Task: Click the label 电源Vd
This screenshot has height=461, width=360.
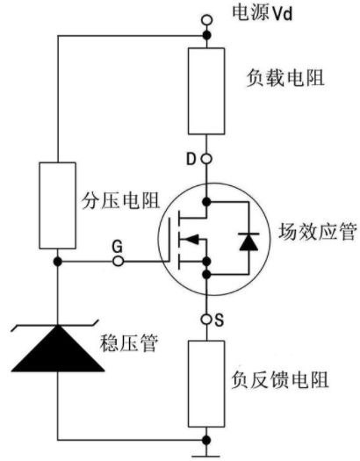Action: pos(263,13)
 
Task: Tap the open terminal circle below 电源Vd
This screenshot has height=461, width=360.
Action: pos(207,20)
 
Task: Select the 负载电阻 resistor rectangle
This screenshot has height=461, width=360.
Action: pos(206,91)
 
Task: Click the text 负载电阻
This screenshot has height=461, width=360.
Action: pos(285,78)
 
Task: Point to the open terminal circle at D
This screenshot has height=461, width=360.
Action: pos(206,159)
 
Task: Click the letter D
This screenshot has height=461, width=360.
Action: pos(191,159)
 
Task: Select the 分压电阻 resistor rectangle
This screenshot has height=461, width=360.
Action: pos(58,205)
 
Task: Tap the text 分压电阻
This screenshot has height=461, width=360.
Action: pos(120,200)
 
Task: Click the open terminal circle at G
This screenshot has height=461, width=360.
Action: pos(119,261)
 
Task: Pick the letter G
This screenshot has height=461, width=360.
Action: pos(118,248)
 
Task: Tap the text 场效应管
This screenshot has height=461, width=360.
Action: pos(317,232)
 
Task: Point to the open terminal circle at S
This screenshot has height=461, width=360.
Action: pos(206,319)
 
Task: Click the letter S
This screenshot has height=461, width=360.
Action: pos(220,320)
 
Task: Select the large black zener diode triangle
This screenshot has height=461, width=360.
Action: pos(58,349)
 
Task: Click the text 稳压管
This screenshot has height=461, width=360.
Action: pos(129,343)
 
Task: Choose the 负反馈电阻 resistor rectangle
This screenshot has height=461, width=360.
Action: pos(206,384)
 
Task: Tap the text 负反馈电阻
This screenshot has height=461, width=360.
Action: pos(279,380)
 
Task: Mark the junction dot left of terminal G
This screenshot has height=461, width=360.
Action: pos(58,261)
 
